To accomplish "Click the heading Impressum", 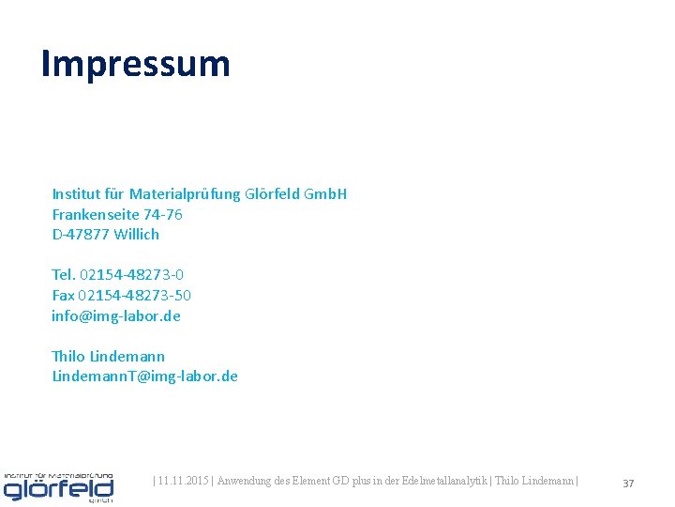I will point(135,64).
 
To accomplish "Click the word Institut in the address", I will point(75,194).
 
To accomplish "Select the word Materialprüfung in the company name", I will point(185,194).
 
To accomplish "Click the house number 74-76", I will point(163,214).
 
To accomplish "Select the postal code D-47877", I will point(81,234).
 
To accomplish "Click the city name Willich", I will point(137,234).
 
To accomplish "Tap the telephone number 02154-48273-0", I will point(132,274).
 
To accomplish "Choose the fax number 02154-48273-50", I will point(135,295).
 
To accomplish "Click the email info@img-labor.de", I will point(116,315).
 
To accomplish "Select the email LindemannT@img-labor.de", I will point(144,376).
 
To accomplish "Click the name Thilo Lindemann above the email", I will point(108,356).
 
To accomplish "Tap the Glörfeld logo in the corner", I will point(58,486).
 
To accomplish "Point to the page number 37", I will point(628,483).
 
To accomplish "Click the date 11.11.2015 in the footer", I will point(183,482).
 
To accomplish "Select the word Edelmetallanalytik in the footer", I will point(440,482).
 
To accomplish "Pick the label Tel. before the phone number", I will point(64,274).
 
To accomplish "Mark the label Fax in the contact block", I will point(63,295).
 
